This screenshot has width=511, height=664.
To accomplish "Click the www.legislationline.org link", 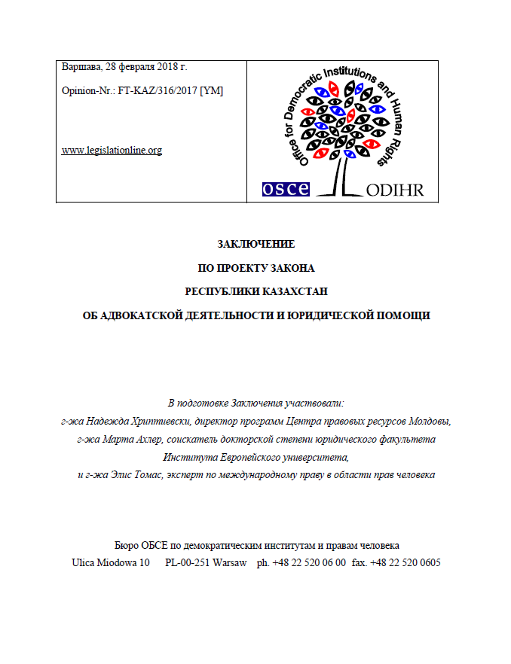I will pyautogui.click(x=111, y=150).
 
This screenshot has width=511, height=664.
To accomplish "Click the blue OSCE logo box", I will pyautogui.click(x=285, y=189).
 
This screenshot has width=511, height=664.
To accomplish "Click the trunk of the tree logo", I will pyautogui.click(x=337, y=176).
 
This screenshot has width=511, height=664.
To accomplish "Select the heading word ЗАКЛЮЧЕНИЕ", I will pyautogui.click(x=255, y=245).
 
